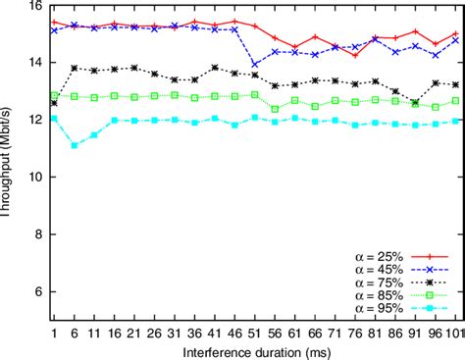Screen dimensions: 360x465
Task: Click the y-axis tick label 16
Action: (x=36, y=6)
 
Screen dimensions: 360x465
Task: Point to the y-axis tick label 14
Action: (x=36, y=63)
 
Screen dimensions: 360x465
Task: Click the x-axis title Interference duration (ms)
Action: (x=255, y=350)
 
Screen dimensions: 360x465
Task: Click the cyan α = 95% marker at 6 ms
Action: (x=74, y=145)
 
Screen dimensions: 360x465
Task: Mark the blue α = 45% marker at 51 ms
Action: (x=255, y=65)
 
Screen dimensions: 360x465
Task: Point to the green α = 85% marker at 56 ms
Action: (x=276, y=109)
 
